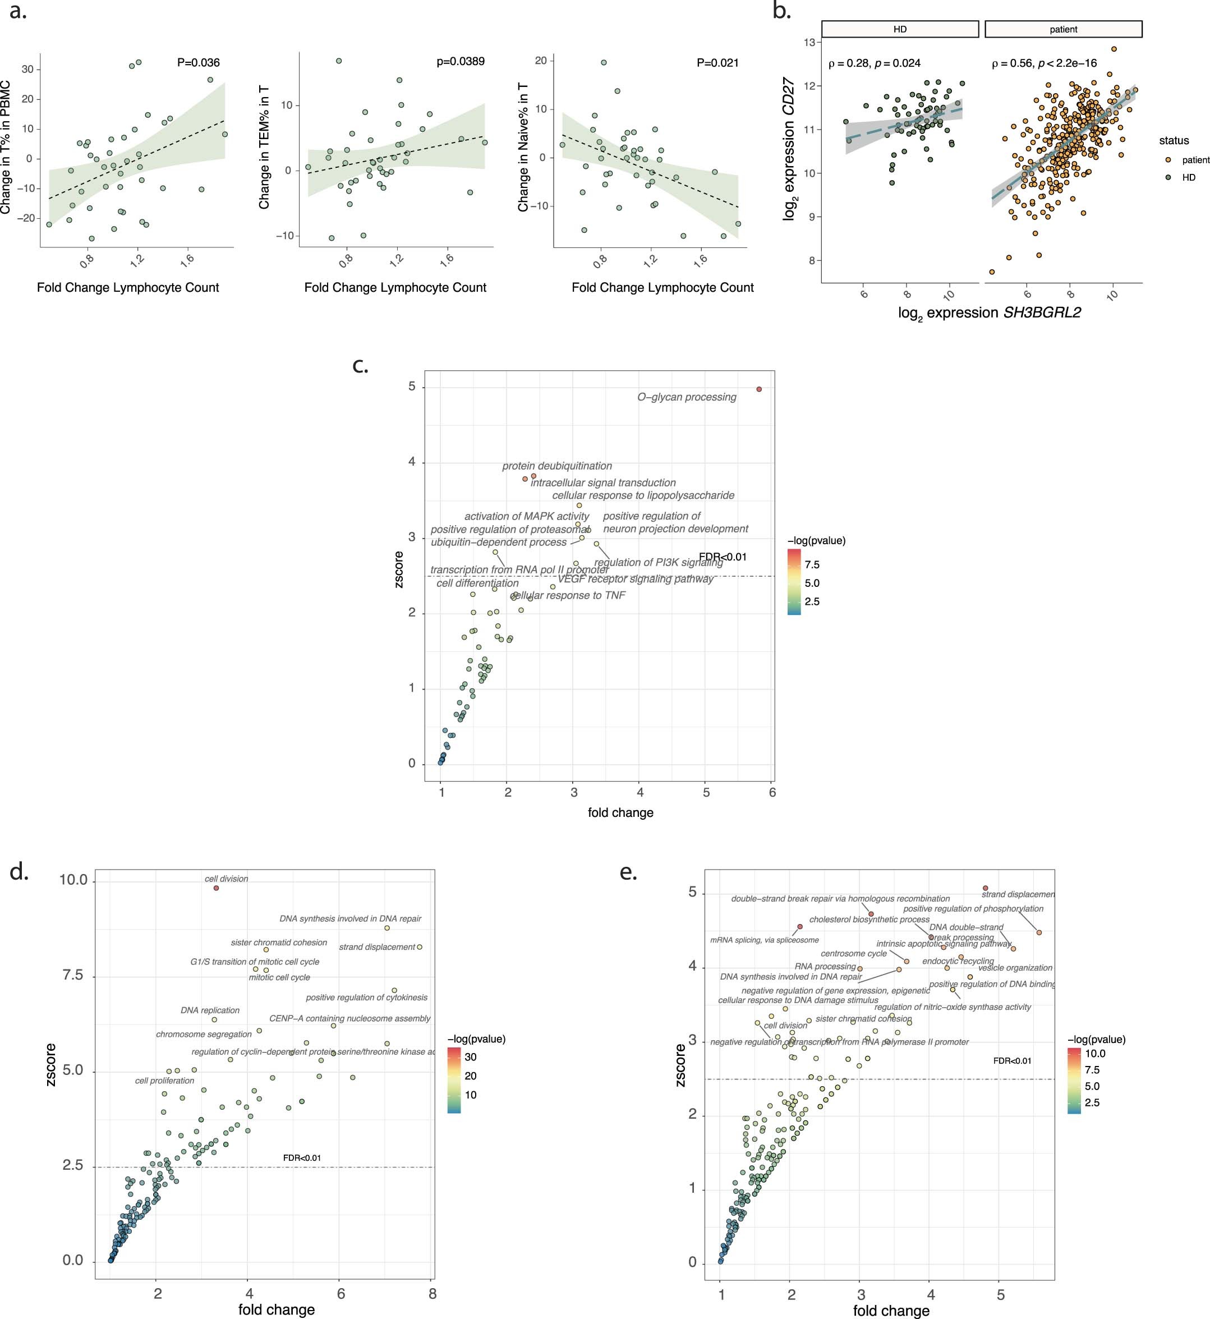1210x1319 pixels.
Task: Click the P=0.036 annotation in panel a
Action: [199, 63]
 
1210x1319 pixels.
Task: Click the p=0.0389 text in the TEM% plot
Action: [461, 62]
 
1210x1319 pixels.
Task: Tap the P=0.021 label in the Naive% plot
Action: [717, 63]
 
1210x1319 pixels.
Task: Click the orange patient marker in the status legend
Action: [1168, 160]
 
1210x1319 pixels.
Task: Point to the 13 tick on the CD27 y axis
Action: [809, 43]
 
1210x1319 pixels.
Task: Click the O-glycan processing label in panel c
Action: [687, 397]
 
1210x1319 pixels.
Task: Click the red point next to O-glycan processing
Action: [759, 389]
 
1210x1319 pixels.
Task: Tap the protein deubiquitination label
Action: [557, 466]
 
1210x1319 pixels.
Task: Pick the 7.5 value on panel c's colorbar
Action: [812, 564]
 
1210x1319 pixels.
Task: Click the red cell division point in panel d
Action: [216, 888]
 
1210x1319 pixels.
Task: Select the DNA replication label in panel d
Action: [210, 1010]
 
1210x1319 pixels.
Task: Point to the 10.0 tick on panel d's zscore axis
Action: [73, 880]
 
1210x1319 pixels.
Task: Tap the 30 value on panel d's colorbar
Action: [470, 1057]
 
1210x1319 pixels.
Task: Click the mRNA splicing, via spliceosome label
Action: [764, 940]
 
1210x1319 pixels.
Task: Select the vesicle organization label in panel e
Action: [1015, 967]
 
